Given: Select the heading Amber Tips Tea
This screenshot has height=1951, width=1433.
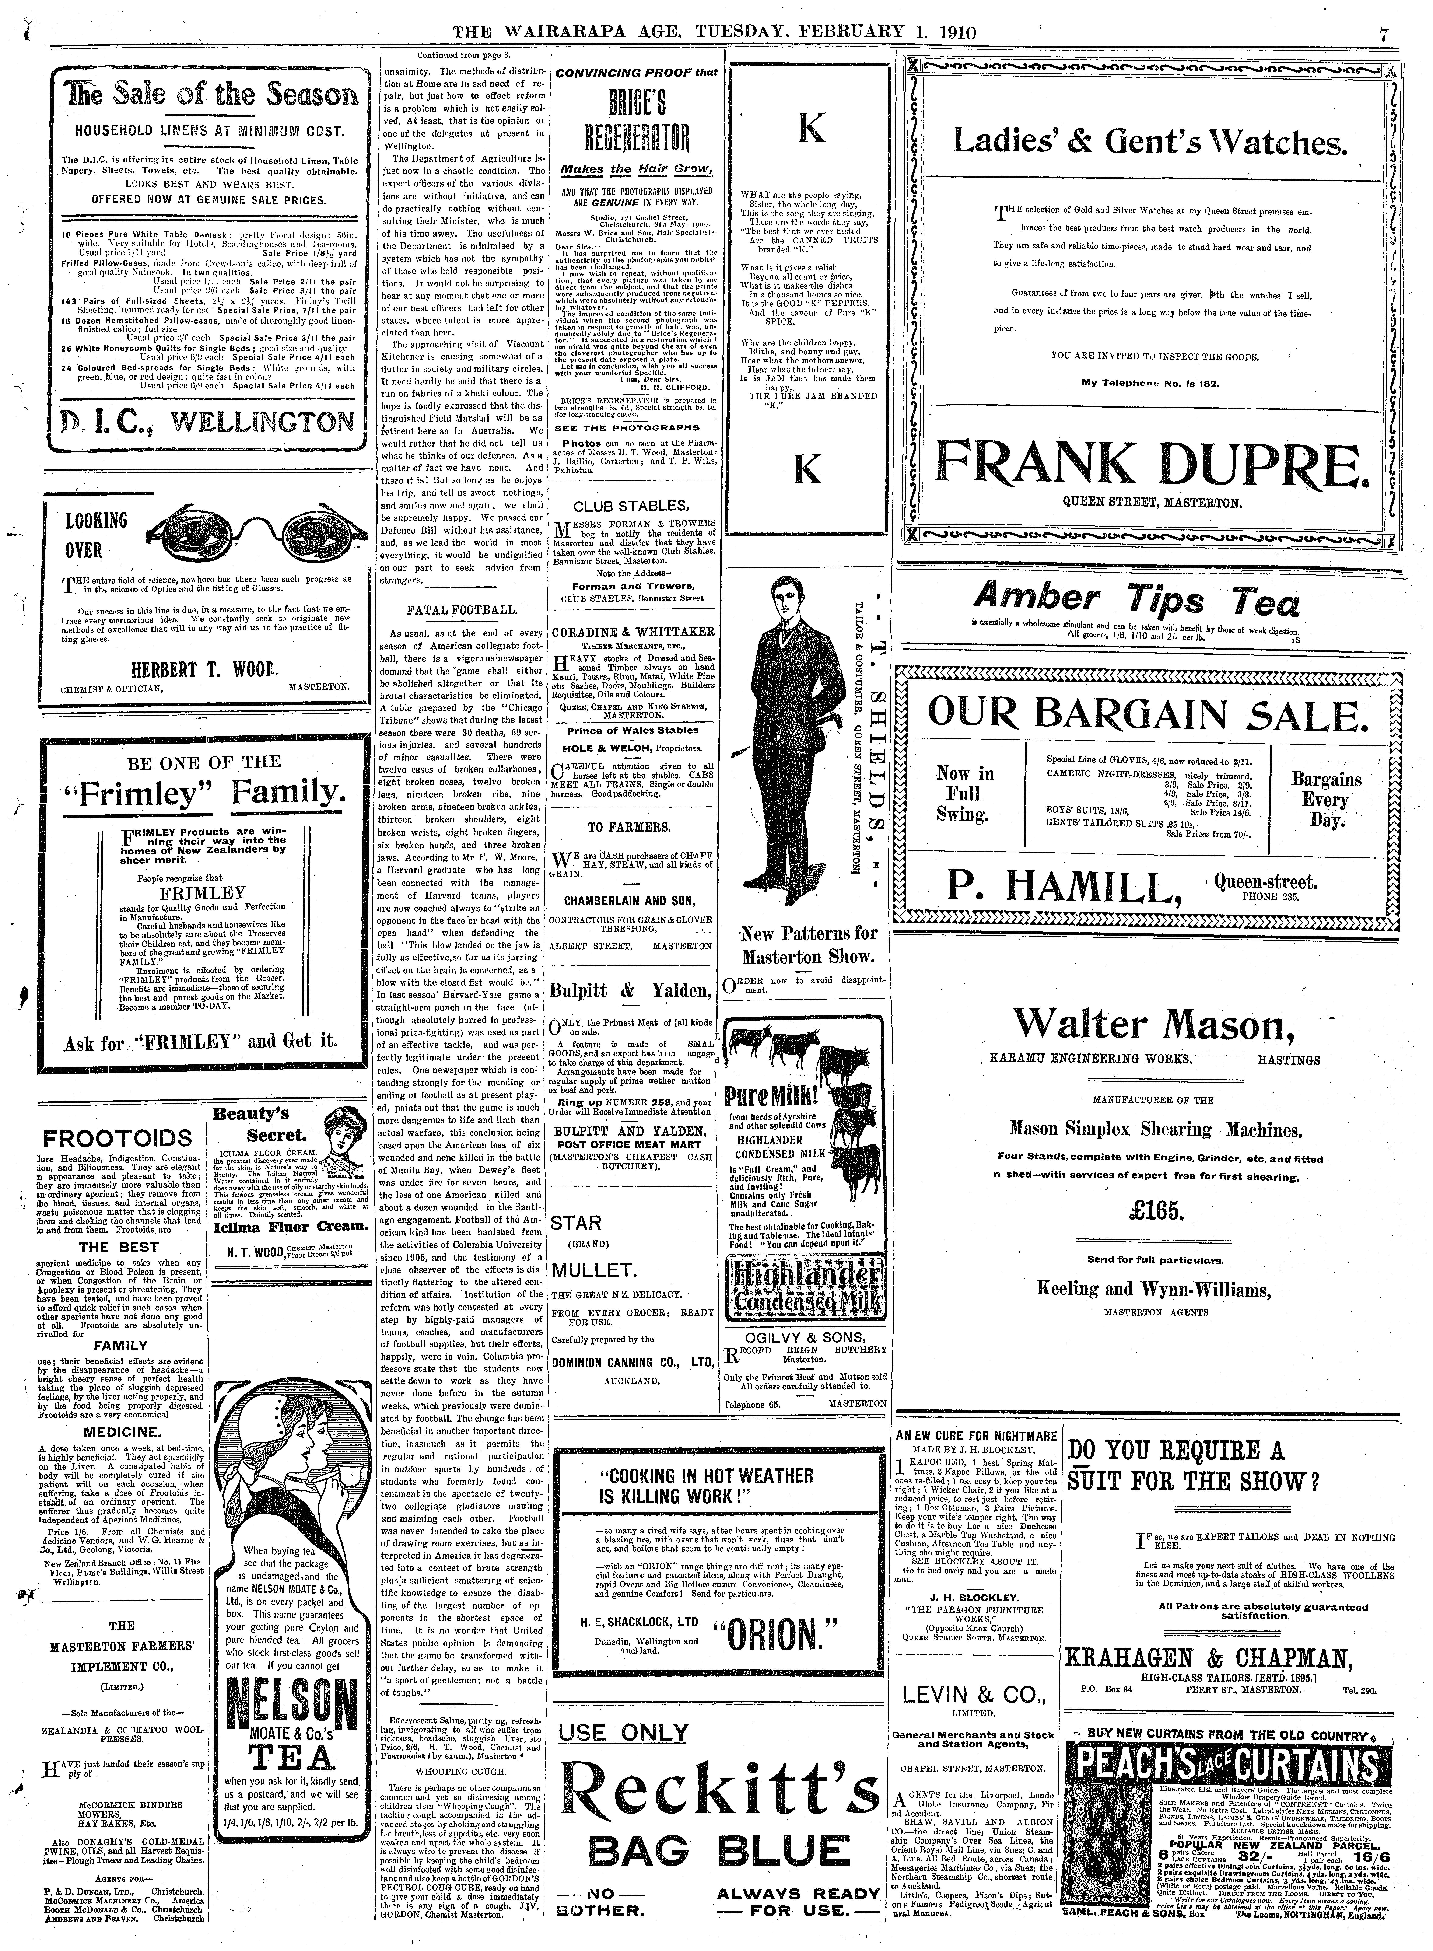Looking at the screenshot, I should [1136, 600].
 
